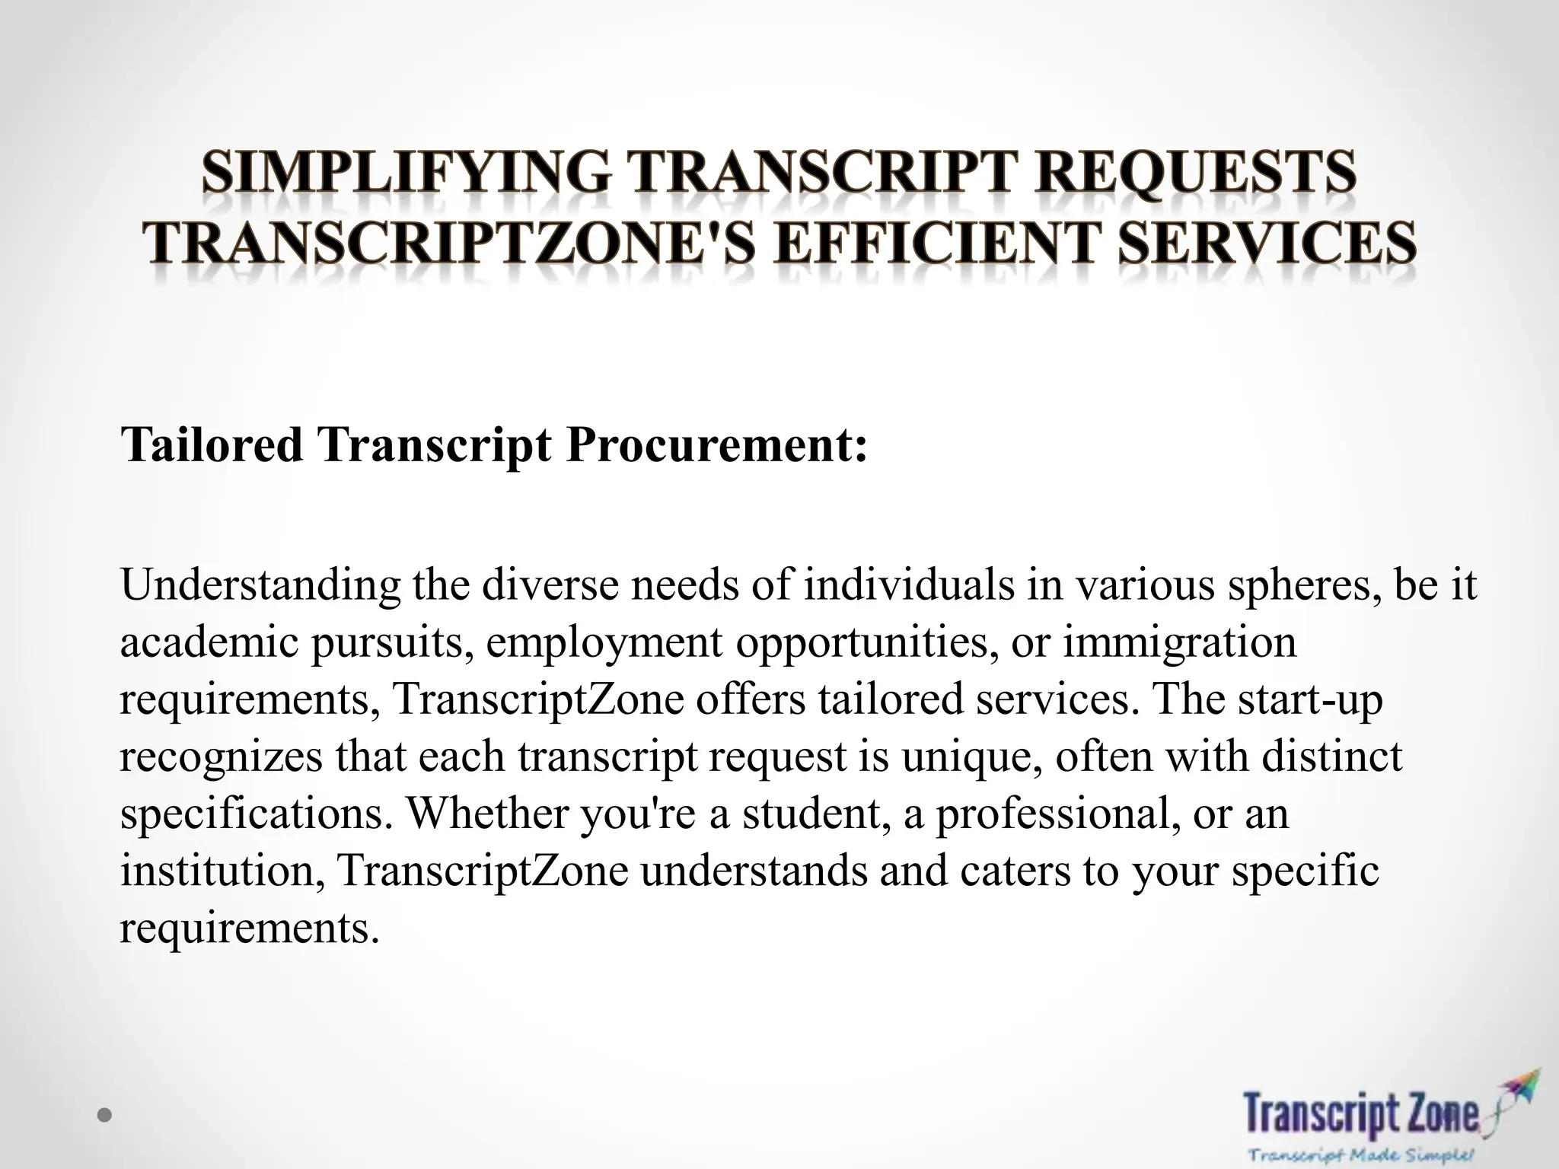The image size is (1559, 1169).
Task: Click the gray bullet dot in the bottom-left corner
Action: tap(105, 1116)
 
